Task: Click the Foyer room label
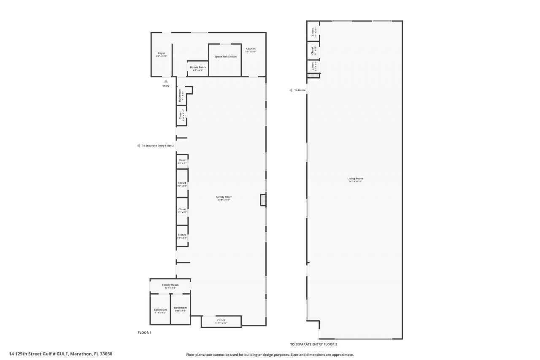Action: click(x=162, y=54)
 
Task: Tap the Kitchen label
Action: click(x=251, y=49)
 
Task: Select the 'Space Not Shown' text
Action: click(x=226, y=57)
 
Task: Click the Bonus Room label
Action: click(x=198, y=68)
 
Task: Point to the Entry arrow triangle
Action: click(x=166, y=81)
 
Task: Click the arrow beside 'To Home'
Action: click(x=291, y=90)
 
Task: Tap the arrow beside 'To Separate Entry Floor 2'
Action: click(x=138, y=146)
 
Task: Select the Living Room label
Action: click(x=355, y=179)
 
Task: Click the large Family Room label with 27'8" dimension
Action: click(x=224, y=197)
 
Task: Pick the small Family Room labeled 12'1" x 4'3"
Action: click(x=170, y=285)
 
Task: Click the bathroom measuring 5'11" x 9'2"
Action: click(x=160, y=310)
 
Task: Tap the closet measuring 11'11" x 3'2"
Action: click(x=221, y=320)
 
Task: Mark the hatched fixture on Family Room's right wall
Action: click(x=263, y=200)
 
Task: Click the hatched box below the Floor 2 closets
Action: click(x=313, y=75)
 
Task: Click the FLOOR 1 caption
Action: click(x=144, y=333)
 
